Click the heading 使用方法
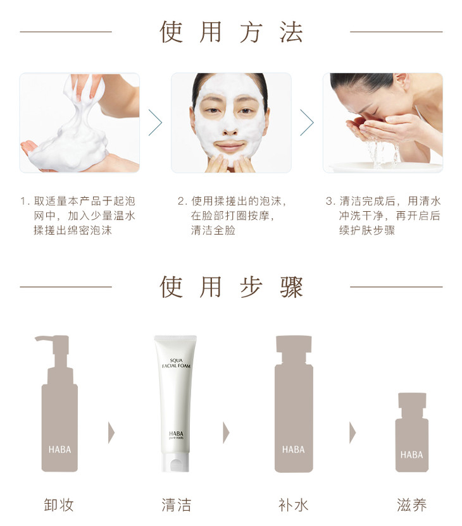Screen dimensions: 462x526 pyautogui.click(x=231, y=32)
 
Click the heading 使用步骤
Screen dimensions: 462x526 pyautogui.click(x=231, y=287)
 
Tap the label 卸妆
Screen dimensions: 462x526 pyautogui.click(x=59, y=505)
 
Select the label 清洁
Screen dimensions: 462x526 pyautogui.click(x=177, y=505)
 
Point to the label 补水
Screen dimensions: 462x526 pyautogui.click(x=294, y=505)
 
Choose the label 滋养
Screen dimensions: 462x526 pyautogui.click(x=411, y=505)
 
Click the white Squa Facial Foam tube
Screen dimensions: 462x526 pyautogui.click(x=175, y=403)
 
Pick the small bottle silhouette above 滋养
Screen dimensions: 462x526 pyautogui.click(x=412, y=432)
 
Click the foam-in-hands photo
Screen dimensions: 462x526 pyautogui.click(x=80, y=123)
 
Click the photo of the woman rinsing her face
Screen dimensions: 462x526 pyautogui.click(x=383, y=123)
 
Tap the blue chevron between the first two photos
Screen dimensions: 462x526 pyautogui.click(x=156, y=123)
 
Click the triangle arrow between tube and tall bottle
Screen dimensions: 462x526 pyautogui.click(x=226, y=432)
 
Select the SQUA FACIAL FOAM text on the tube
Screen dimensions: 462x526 pyautogui.click(x=177, y=363)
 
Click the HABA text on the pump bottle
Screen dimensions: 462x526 pyautogui.click(x=59, y=450)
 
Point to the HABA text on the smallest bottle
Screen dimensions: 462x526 pyautogui.click(x=411, y=455)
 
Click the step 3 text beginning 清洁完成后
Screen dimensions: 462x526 pyautogui.click(x=383, y=216)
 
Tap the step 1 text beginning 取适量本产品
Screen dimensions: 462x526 pyautogui.click(x=78, y=216)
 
